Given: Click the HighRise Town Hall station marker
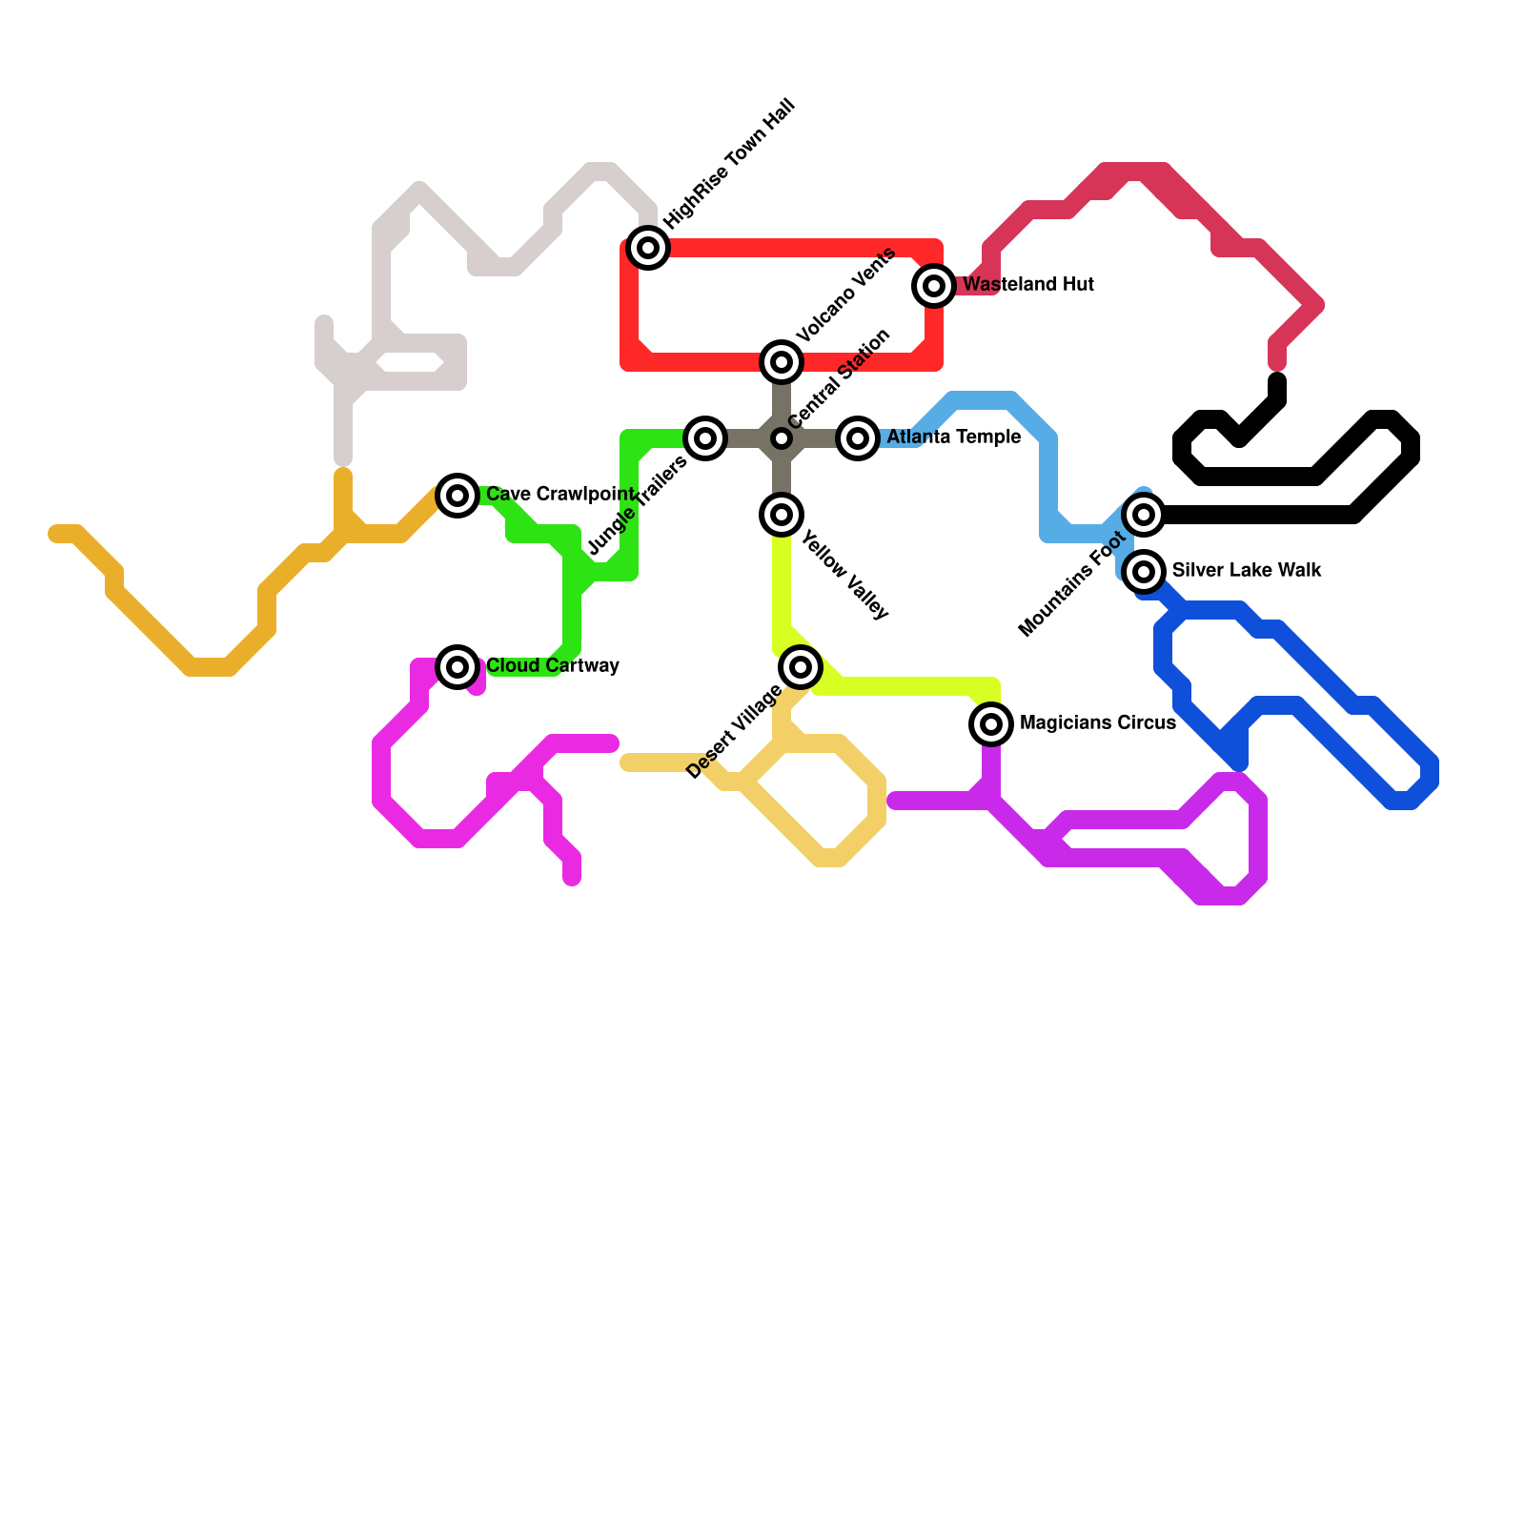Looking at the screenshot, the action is pos(648,248).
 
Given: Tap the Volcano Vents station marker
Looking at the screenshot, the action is pos(782,362).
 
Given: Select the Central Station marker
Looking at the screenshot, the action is pos(782,438).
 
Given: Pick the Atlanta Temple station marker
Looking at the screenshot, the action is pos(858,438).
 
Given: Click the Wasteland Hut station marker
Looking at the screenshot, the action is pos(934,285).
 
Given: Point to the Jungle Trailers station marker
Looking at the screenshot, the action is pos(705,438).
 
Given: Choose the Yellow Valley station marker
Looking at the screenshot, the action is pos(782,515).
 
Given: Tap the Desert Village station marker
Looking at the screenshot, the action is pos(801,666).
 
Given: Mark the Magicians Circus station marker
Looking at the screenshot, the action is pos(991,724).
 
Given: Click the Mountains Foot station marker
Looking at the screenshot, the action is pos(1144,515).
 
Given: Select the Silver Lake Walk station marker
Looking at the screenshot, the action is pos(1144,572).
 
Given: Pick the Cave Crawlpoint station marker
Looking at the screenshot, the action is pos(457,495).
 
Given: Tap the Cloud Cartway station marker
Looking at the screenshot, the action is pos(457,666).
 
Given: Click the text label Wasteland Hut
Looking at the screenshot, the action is pos(1027,285).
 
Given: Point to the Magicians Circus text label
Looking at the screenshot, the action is pos(1097,723).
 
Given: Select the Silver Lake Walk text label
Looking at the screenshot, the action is pos(1246,571).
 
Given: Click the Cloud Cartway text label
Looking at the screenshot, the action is pos(552,666).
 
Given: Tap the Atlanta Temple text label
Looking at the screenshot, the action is pos(953,437).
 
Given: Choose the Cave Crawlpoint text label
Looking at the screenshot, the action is pos(559,495).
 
